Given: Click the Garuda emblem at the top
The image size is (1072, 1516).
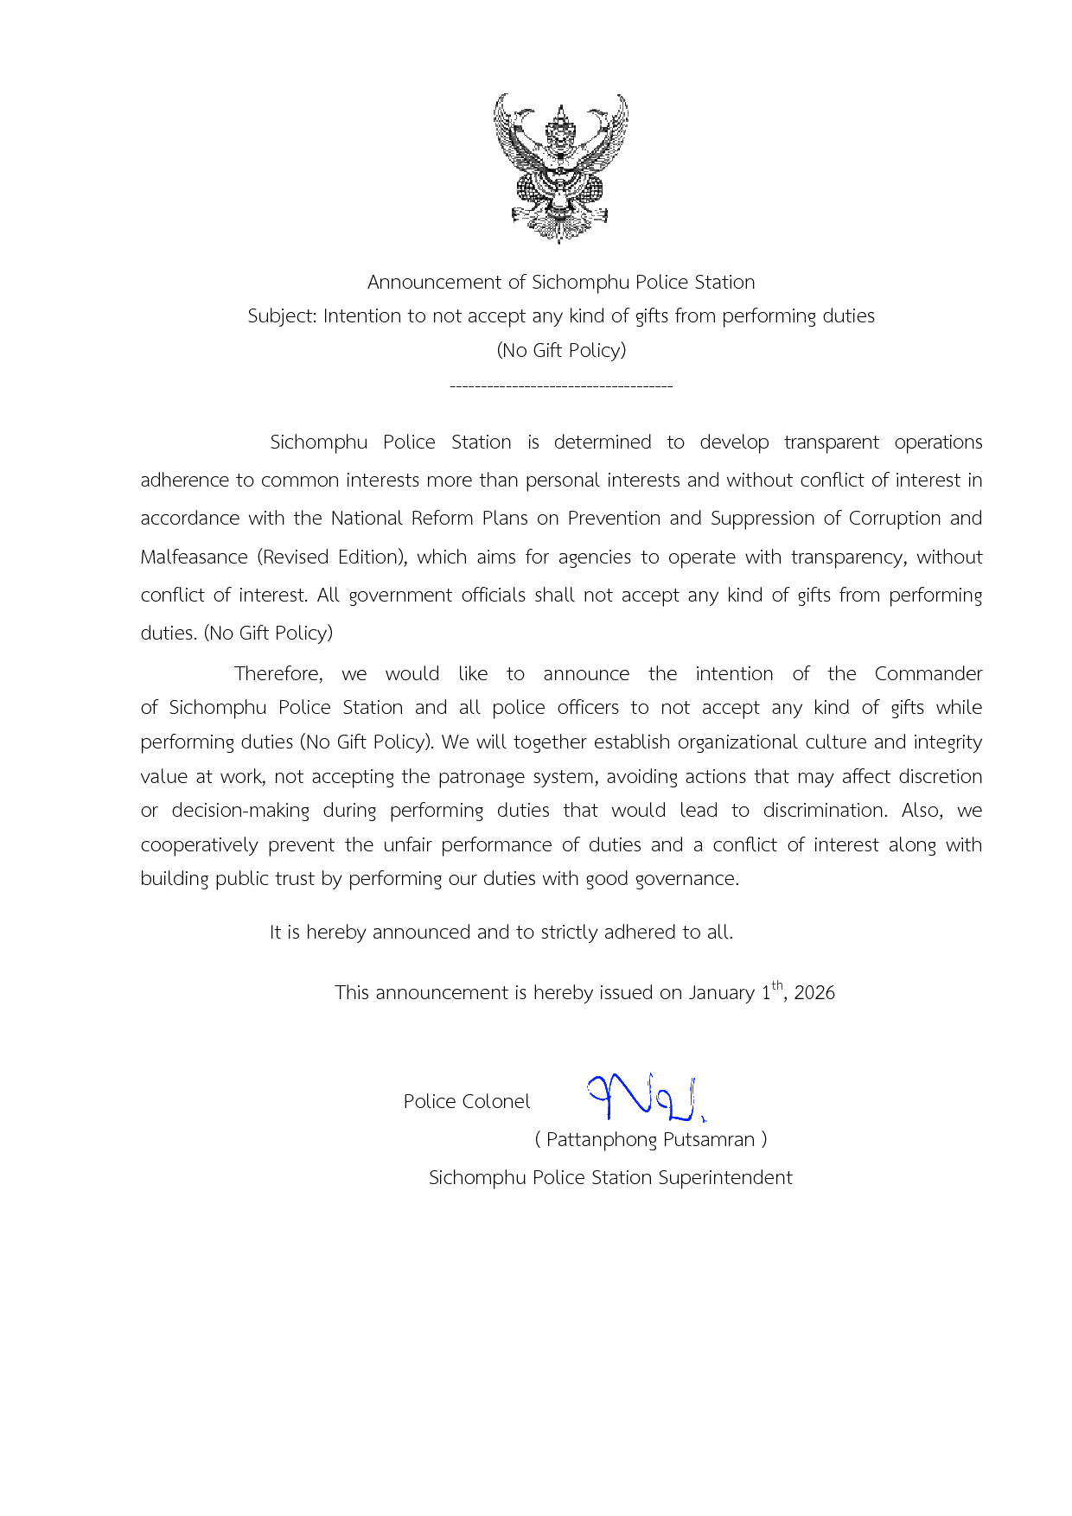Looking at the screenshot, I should pos(561,169).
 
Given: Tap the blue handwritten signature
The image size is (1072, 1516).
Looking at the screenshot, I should pos(646,1097).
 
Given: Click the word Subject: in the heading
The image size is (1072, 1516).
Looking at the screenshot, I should pos(282,316).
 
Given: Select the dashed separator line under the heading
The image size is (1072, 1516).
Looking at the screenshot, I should pos(561,385).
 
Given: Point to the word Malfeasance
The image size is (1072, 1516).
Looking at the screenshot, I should pos(194,557).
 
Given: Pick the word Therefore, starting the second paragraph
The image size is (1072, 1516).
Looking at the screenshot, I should pos(278,674).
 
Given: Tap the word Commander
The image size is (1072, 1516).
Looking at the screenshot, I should pos(928,674).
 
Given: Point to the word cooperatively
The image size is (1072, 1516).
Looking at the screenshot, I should pos(199,845).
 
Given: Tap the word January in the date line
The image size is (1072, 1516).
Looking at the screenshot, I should pos(721,993).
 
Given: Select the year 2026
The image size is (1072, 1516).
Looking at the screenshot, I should pos(814,993).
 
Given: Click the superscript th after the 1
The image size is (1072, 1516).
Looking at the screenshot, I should pos(777,985).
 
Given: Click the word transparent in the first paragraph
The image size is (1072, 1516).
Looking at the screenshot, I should pos(831,443).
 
